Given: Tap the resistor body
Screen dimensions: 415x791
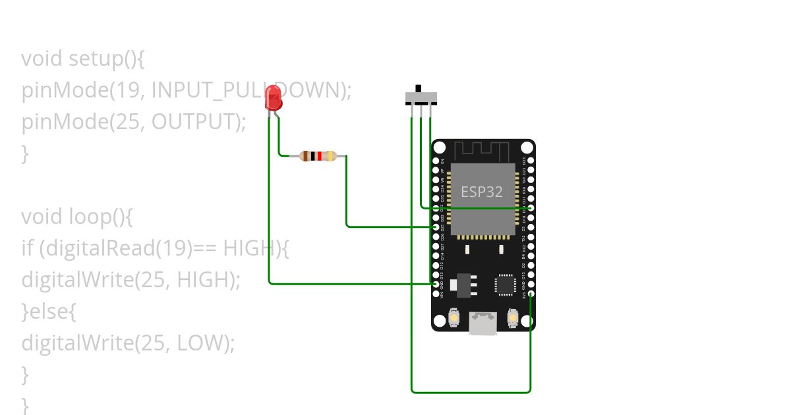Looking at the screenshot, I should tap(318, 156).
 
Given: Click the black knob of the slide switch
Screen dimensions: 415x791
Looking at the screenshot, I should tap(418, 88).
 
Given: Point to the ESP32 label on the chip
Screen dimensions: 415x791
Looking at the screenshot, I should tap(481, 192).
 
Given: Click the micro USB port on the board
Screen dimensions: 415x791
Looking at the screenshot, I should tap(483, 323).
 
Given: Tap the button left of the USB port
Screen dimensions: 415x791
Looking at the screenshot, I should tap(454, 318).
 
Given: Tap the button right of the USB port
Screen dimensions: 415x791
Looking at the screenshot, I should tap(513, 318).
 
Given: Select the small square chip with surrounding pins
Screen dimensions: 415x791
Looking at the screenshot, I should tap(506, 284).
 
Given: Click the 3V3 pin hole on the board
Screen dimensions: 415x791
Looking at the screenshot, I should tap(531, 294).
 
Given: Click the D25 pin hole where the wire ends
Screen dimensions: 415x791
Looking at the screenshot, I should tap(436, 227).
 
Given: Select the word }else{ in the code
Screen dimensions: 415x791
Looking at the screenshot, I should tap(49, 312).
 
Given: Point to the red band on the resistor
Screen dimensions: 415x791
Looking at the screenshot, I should tap(320, 156).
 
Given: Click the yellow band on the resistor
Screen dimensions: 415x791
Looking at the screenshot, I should tap(330, 156).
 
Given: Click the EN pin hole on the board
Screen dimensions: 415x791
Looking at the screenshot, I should tap(436, 160).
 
